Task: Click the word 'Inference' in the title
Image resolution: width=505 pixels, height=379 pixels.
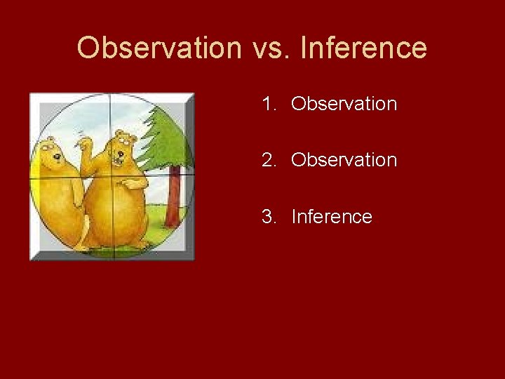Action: point(363,48)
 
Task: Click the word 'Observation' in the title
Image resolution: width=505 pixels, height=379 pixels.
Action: point(159,48)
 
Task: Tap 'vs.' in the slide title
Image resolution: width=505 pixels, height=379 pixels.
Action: point(270,48)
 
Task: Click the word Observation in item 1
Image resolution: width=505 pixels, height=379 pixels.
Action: point(344,105)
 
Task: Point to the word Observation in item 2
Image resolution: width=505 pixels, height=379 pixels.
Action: point(344,161)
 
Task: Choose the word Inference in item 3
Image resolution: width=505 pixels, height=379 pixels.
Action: point(331,217)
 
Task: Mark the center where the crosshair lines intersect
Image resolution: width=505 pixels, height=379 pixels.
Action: point(110,173)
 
